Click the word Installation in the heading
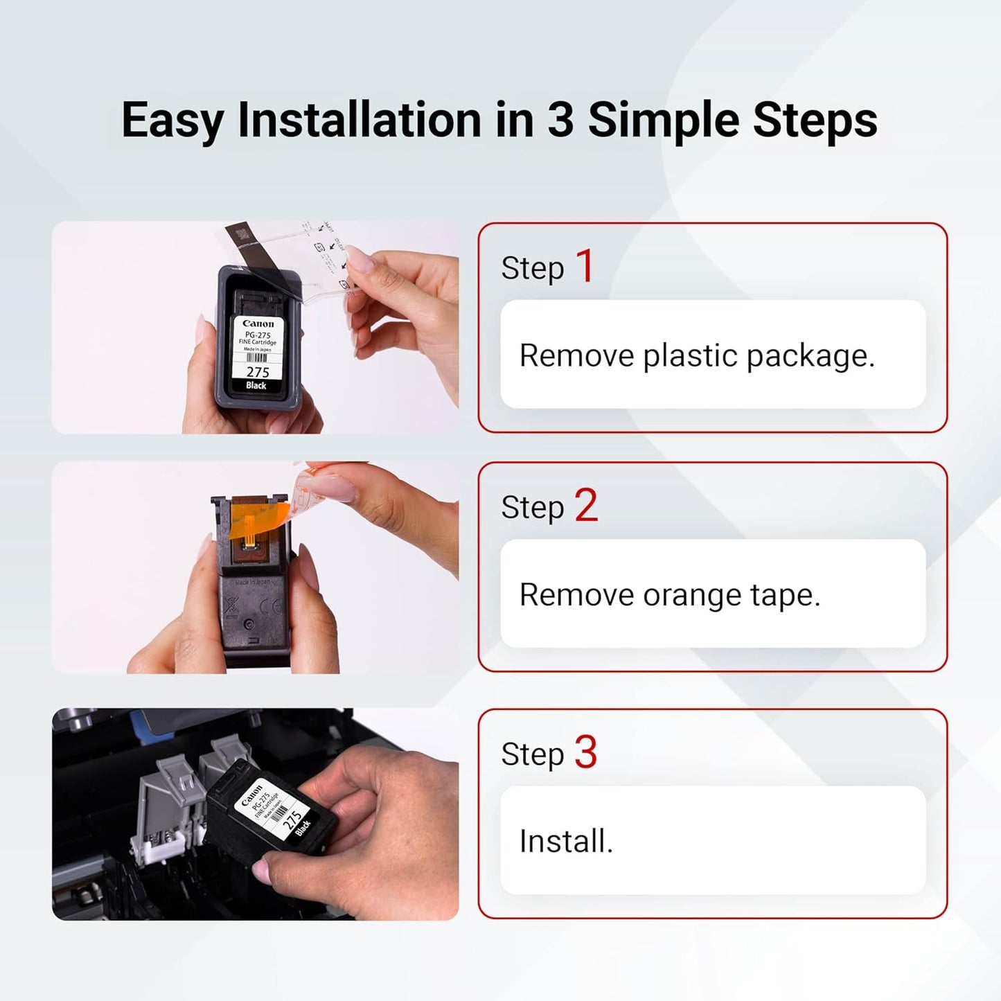point(360,120)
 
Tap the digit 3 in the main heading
point(560,120)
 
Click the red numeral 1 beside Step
point(585,266)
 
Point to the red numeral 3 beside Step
point(586,752)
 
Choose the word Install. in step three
point(566,842)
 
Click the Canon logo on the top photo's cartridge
point(258,324)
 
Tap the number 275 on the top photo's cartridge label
point(258,372)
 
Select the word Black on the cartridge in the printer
point(303,827)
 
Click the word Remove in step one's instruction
point(576,356)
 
